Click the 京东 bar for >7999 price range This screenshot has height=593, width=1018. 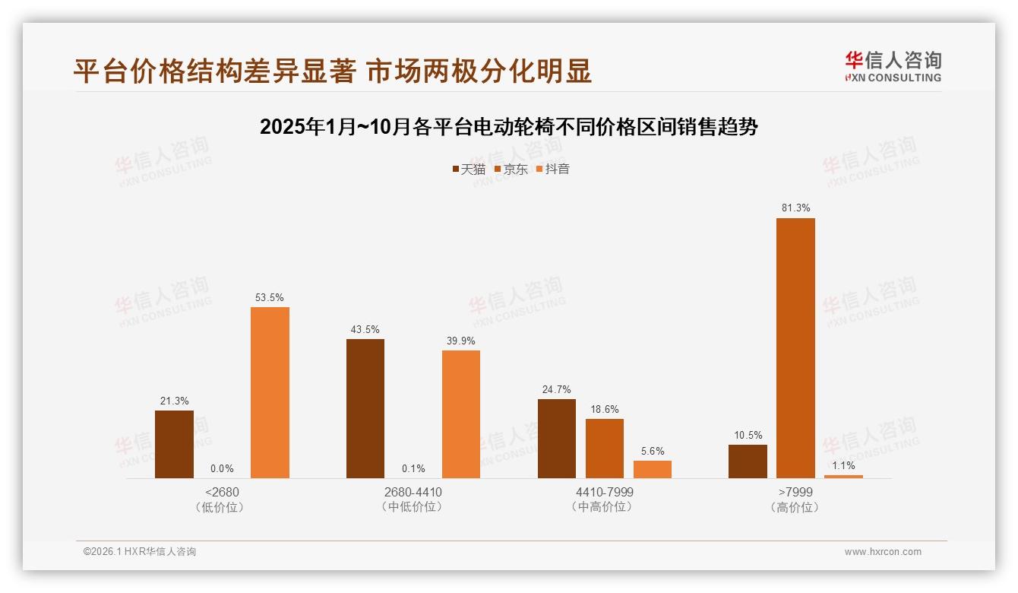pyautogui.click(x=795, y=348)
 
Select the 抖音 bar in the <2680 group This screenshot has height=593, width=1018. pyautogui.click(x=270, y=392)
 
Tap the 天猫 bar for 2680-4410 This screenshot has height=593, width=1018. pyautogui.click(x=365, y=408)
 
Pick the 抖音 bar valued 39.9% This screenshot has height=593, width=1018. pyautogui.click(x=461, y=414)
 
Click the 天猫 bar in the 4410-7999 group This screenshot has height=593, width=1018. pyautogui.click(x=557, y=439)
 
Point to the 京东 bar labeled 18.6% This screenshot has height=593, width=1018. pyautogui.click(x=605, y=449)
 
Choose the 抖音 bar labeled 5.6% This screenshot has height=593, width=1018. pyautogui.click(x=653, y=469)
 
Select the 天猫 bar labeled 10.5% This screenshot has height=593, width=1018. pyautogui.click(x=748, y=461)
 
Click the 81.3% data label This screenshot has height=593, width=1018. pyautogui.click(x=795, y=208)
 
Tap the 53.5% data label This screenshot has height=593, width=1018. pyautogui.click(x=270, y=297)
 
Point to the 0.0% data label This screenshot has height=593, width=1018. pyautogui.click(x=222, y=469)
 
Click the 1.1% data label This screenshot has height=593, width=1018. pyautogui.click(x=843, y=465)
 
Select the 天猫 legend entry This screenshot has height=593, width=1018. pyautogui.click(x=469, y=170)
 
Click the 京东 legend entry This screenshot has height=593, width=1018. pyautogui.click(x=511, y=170)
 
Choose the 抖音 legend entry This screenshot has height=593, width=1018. pyautogui.click(x=553, y=170)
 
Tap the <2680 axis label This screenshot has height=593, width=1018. pyautogui.click(x=222, y=493)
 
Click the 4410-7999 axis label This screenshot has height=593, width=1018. pyautogui.click(x=605, y=493)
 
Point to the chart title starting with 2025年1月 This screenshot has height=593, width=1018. pyautogui.click(x=509, y=127)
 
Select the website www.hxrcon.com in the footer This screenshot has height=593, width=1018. pyautogui.click(x=883, y=552)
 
